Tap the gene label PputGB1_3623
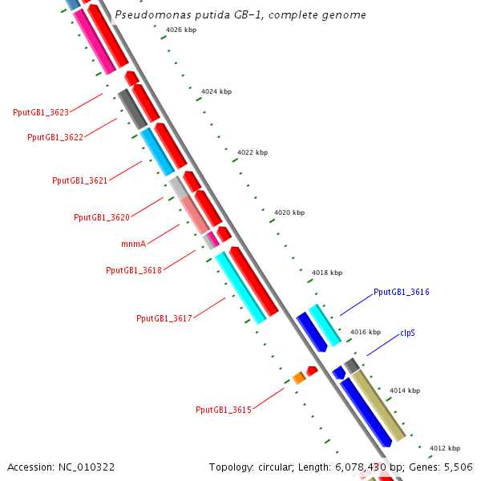click(41, 112)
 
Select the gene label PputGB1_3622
click(55, 137)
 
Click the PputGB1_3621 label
click(79, 180)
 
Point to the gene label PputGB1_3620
click(102, 217)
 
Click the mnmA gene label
click(133, 243)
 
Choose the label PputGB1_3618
click(134, 270)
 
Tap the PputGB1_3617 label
click(164, 318)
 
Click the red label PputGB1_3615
click(224, 410)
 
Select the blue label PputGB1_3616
click(402, 293)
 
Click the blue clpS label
click(407, 332)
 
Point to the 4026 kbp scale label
click(180, 30)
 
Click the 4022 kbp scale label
click(253, 152)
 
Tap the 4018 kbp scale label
click(327, 273)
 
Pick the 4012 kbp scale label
click(445, 448)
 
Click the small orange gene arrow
click(298, 377)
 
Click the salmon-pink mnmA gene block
click(194, 215)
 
